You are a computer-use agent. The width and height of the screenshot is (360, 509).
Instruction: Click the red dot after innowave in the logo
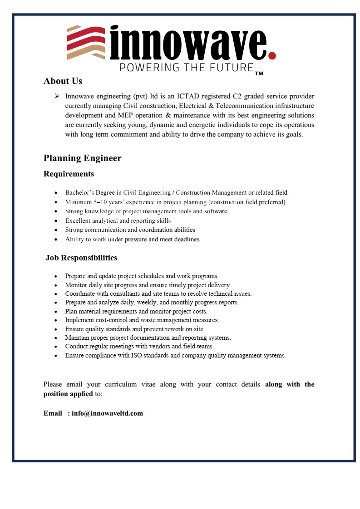(272, 55)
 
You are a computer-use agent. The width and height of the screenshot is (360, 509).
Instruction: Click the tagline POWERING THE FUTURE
(186, 68)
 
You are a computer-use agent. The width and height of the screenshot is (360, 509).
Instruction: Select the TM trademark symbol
(259, 73)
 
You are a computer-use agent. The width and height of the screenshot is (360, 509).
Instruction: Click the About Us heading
(63, 81)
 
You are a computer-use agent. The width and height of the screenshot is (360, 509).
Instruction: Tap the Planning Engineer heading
(82, 158)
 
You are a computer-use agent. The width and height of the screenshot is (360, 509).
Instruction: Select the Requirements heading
(69, 174)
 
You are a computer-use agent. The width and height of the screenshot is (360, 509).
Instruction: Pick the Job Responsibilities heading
(81, 258)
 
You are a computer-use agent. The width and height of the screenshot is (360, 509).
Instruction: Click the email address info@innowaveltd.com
(107, 413)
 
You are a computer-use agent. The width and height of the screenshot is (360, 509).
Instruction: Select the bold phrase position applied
(68, 394)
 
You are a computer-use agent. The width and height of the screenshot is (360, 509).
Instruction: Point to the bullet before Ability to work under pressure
(55, 240)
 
